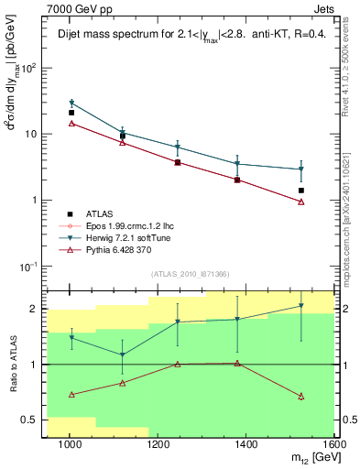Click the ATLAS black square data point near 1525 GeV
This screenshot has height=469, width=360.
(x=300, y=191)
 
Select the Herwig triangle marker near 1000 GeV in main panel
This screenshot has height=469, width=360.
(x=71, y=104)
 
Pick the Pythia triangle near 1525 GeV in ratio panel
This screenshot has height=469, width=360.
(x=300, y=396)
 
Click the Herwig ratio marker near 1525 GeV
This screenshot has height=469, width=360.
(x=300, y=307)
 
